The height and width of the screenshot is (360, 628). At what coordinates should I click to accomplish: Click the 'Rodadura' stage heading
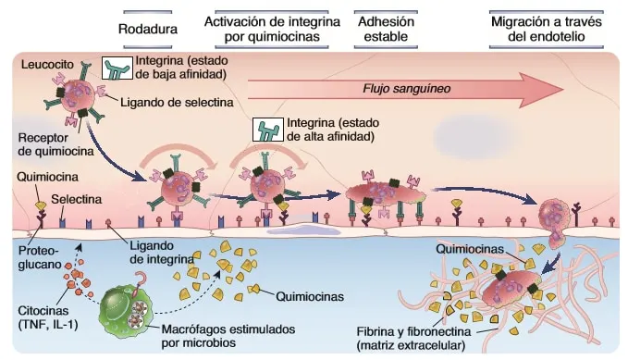148,29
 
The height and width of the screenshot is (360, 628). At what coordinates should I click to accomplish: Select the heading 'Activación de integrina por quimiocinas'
272,29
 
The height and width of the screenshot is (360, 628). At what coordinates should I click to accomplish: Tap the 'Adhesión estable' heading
386,29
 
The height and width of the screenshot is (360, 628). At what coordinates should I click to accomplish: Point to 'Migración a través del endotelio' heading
547,29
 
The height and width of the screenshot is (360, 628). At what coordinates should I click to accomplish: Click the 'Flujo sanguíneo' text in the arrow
407,89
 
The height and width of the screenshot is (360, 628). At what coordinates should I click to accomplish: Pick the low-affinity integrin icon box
117,68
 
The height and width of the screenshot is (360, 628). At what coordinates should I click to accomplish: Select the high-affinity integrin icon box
268,130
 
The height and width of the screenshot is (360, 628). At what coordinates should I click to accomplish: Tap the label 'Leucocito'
47,64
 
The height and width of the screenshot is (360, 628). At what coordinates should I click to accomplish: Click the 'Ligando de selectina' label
177,102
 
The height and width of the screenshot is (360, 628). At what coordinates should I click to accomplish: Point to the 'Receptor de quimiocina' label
55,144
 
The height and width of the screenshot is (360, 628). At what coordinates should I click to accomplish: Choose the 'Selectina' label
76,199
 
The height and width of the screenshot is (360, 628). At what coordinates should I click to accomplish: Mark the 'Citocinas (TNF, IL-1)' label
48,317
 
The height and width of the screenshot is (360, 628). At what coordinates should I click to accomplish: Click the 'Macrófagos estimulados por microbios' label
228,336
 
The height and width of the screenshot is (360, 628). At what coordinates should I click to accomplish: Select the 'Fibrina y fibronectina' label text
413,332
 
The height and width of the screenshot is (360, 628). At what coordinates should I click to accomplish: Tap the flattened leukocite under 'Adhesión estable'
386,193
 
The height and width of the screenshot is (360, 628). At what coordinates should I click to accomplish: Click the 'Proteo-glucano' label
39,257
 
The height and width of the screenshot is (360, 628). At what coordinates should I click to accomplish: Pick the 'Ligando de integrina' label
162,252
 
